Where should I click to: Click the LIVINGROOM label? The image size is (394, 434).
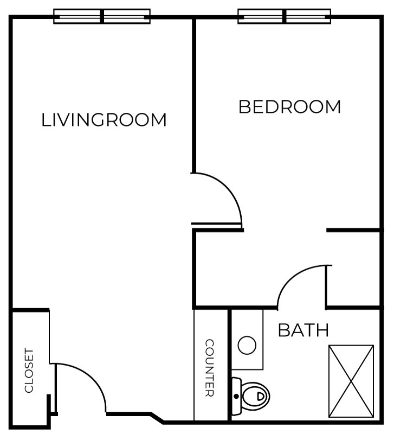tap(104, 120)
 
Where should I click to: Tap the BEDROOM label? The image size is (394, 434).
tap(290, 107)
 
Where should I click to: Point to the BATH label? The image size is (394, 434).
tap(303, 330)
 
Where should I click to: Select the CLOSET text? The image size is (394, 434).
tap(29, 371)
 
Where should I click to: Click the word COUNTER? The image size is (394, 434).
tap(210, 368)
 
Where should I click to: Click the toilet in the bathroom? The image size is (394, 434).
tap(250, 396)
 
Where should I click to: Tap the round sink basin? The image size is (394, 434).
tap(247, 345)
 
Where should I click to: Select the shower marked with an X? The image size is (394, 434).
tap(351, 381)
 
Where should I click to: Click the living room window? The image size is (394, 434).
tap(102, 16)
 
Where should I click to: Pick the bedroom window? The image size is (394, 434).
tap(285, 16)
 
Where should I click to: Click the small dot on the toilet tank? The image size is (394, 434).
tap(236, 397)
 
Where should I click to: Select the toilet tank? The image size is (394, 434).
tap(236, 397)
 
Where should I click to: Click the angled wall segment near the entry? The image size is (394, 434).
tap(157, 418)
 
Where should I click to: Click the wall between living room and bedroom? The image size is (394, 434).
tap(194, 95)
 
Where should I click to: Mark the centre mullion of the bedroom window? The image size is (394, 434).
tap(285, 16)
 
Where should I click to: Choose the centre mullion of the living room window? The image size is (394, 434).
tap(102, 16)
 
